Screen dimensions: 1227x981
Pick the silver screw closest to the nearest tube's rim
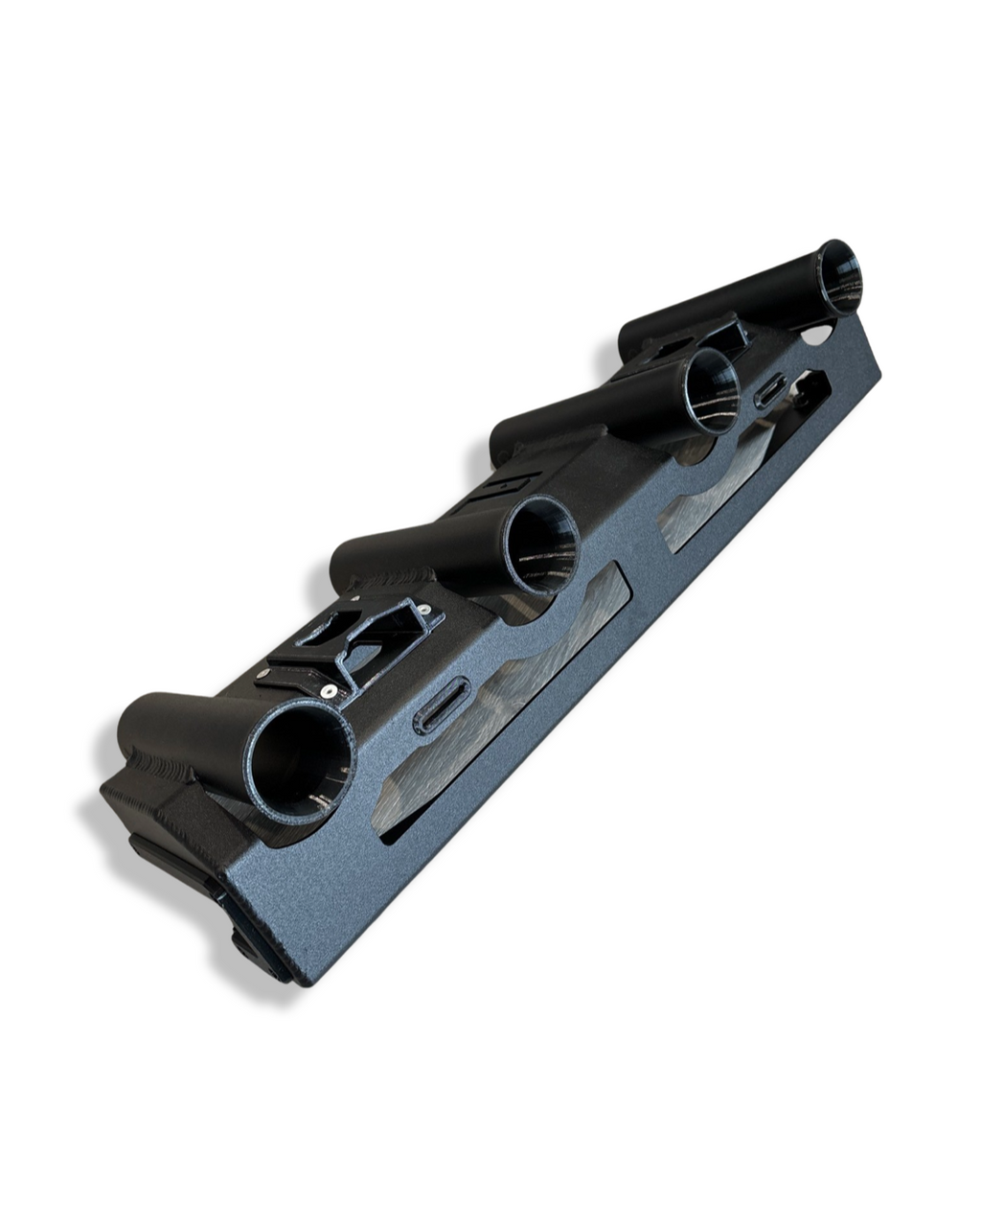tap(330, 688)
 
